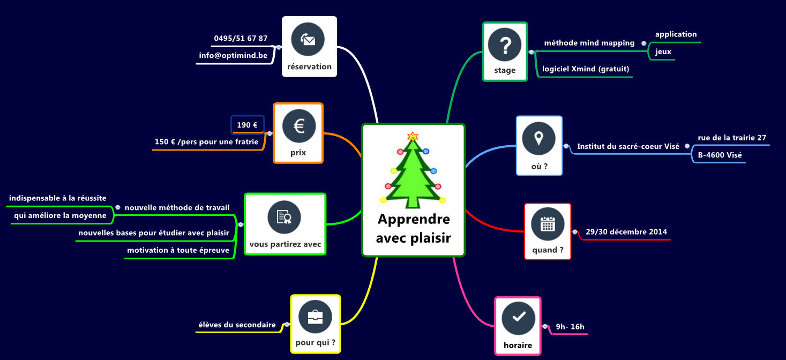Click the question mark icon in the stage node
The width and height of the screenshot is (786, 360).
[x=505, y=44]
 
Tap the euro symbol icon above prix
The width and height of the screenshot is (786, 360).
[x=299, y=126]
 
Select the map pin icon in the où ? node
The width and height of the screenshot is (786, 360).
[x=538, y=139]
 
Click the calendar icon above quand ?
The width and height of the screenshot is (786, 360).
[x=548, y=224]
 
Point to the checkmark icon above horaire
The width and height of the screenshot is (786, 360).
[x=518, y=318]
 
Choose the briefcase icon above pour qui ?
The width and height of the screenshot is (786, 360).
[x=315, y=317]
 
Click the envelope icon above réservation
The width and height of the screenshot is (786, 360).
[x=308, y=39]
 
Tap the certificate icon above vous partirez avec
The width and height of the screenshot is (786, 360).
[x=284, y=217]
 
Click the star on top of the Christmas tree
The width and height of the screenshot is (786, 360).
[x=413, y=136]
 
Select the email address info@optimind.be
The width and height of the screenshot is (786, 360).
[x=233, y=55]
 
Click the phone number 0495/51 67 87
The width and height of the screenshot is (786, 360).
[x=241, y=38]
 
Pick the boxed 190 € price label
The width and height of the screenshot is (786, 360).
[x=247, y=125]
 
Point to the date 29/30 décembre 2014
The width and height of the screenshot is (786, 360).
[x=626, y=231]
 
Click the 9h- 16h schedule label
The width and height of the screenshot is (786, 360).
[x=570, y=327]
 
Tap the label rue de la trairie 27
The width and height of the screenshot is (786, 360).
[x=732, y=138]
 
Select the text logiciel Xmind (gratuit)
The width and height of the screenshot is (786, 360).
[x=586, y=69]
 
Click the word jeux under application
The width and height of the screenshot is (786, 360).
[x=663, y=51]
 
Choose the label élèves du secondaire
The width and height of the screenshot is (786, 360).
[x=237, y=325]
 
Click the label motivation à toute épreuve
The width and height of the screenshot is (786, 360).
[x=178, y=250]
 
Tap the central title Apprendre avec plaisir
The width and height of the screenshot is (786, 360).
[x=414, y=228]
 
